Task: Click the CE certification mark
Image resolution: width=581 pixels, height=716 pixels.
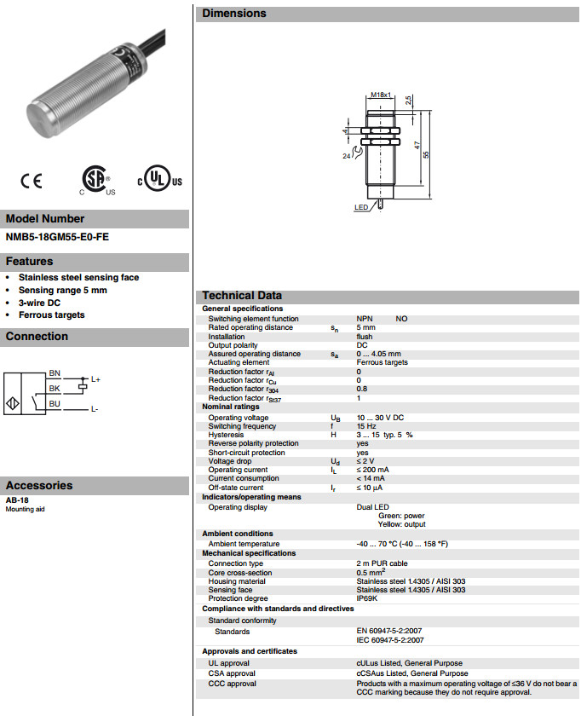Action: (32, 180)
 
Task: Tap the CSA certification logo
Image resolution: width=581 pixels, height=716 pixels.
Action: (96, 179)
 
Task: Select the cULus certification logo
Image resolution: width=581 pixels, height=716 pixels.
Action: (160, 180)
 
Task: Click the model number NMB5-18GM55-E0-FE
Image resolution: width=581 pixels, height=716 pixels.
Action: (58, 239)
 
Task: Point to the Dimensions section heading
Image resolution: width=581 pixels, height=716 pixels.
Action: (234, 14)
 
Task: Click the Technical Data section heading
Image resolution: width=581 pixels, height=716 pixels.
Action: (242, 296)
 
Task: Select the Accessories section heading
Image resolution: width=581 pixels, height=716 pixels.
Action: (39, 485)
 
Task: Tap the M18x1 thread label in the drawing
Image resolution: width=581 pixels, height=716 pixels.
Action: (381, 95)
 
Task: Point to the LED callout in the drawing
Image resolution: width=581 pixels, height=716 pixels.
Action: (361, 207)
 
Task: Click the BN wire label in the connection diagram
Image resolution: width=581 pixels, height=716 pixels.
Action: (55, 373)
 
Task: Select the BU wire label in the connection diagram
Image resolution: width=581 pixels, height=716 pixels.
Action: (55, 403)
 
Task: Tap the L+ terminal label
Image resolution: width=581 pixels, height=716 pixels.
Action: (95, 378)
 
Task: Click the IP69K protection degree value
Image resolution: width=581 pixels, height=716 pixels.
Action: (368, 598)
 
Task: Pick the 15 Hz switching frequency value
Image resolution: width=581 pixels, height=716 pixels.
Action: (366, 426)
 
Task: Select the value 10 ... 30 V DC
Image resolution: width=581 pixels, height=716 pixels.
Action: (380, 418)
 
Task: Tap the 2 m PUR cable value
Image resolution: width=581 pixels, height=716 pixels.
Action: (383, 563)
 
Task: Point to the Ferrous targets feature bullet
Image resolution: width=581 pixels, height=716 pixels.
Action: (52, 315)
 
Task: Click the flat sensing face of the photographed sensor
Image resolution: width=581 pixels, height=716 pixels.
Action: (43, 117)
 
